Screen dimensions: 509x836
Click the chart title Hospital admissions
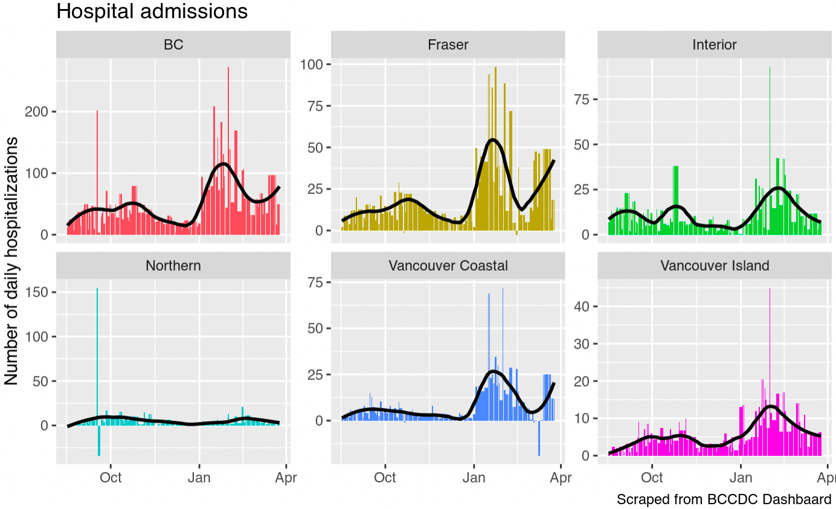[x=152, y=11]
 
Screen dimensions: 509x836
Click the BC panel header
[x=173, y=44]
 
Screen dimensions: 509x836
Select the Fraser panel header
[x=448, y=44]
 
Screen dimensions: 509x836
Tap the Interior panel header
[x=715, y=44]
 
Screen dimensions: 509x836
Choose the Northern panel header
[x=173, y=265]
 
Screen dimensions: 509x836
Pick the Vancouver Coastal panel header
[x=448, y=265]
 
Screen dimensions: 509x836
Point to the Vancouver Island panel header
[x=715, y=265]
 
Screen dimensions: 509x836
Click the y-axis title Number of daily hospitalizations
[x=11, y=261]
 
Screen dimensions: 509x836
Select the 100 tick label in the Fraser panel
[x=314, y=64]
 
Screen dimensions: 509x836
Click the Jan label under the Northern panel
[x=199, y=478]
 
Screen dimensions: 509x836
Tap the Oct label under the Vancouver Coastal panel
[x=385, y=478]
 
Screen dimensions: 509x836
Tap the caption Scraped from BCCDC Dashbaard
[x=724, y=499]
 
